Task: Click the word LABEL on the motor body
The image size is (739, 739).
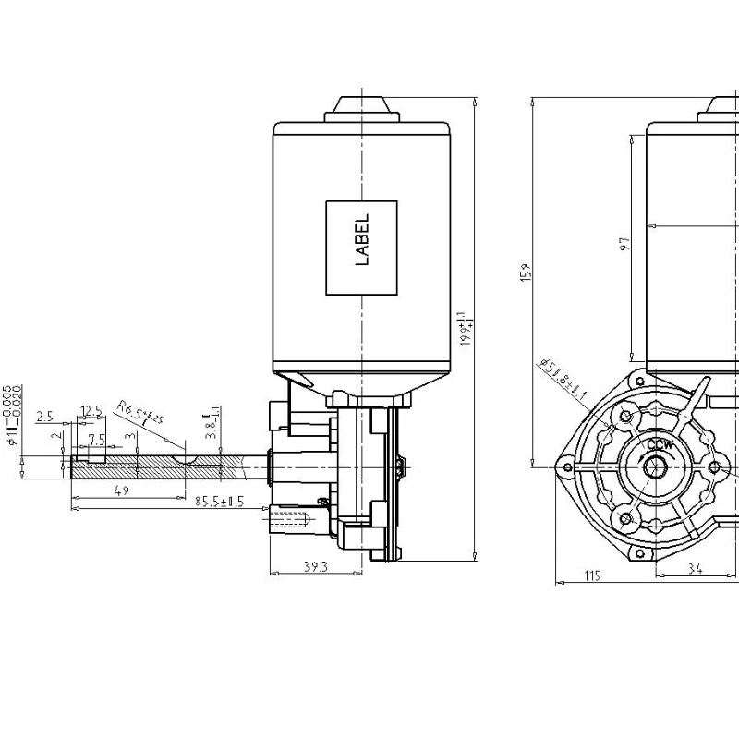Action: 362,240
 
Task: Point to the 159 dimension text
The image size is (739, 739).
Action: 526,273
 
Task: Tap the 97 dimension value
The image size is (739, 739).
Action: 624,245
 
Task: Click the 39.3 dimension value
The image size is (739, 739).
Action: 316,566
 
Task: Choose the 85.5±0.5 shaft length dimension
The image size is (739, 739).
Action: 219,502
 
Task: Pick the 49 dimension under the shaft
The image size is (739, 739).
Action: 121,491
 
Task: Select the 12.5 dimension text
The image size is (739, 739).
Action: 91,410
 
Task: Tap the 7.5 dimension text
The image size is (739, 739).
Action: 96,439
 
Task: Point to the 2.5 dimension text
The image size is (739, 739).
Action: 44,418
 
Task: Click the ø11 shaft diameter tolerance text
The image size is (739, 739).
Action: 14,416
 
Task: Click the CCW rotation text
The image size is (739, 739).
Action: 660,445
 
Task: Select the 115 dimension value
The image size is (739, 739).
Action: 592,575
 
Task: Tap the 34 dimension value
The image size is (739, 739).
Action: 694,571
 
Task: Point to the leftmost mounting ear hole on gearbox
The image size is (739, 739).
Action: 563,466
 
